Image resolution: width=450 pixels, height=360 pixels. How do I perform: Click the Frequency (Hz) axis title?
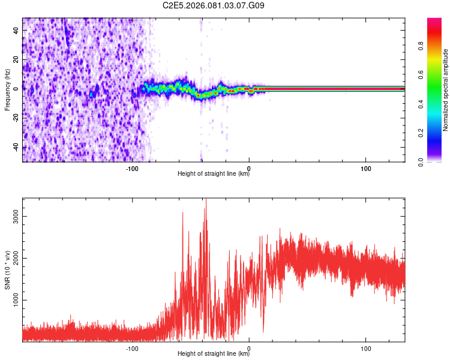click(7, 90)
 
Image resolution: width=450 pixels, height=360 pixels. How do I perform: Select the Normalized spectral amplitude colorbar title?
click(446, 90)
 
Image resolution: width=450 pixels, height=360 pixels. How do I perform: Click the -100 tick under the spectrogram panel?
click(133, 169)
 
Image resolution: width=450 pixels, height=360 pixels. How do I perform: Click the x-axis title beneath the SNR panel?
click(214, 354)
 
